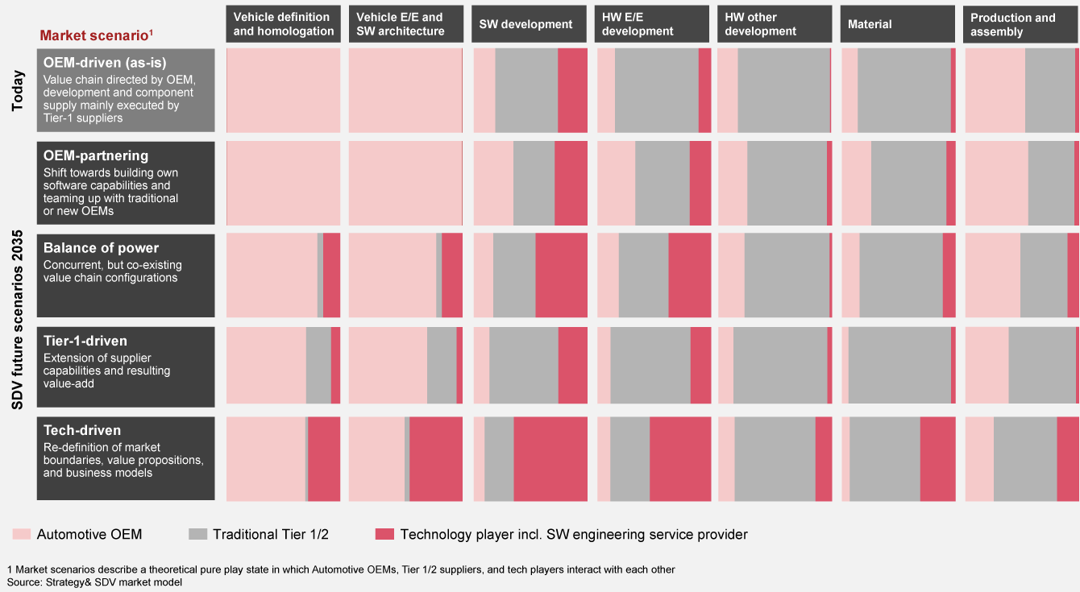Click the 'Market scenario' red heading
(97, 35)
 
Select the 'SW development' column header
(525, 24)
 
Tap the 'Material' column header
(870, 24)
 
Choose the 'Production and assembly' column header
(1012, 24)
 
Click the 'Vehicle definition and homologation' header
(283, 24)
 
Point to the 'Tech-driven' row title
(81, 431)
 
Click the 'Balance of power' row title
(101, 248)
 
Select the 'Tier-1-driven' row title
(85, 341)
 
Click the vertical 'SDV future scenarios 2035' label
(17, 321)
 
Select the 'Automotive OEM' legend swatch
(22, 534)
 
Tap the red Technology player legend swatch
(384, 534)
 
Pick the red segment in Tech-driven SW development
(550, 459)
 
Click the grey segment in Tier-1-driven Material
(899, 365)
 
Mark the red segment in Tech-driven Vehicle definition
(324, 459)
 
